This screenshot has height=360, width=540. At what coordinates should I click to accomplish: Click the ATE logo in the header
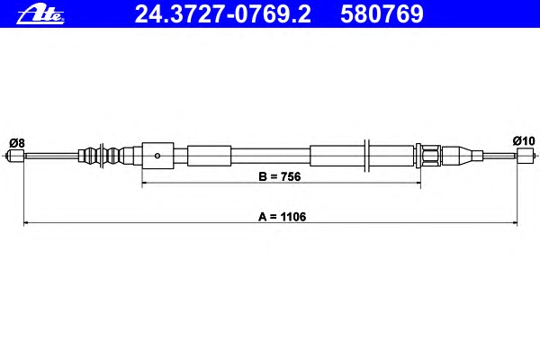40,15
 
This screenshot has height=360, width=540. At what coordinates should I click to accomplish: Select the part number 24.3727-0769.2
222,14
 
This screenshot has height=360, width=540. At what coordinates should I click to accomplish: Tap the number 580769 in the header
382,14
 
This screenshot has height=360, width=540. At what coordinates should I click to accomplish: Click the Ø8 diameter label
17,142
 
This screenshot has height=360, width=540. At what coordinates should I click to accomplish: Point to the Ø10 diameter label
524,140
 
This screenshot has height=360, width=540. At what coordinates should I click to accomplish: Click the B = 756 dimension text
279,176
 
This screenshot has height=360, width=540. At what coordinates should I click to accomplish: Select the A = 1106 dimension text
282,217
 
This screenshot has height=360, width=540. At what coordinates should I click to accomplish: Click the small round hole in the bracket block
157,156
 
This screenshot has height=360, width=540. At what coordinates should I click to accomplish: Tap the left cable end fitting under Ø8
16,156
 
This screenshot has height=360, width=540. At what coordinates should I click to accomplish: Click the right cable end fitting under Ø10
526,156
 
